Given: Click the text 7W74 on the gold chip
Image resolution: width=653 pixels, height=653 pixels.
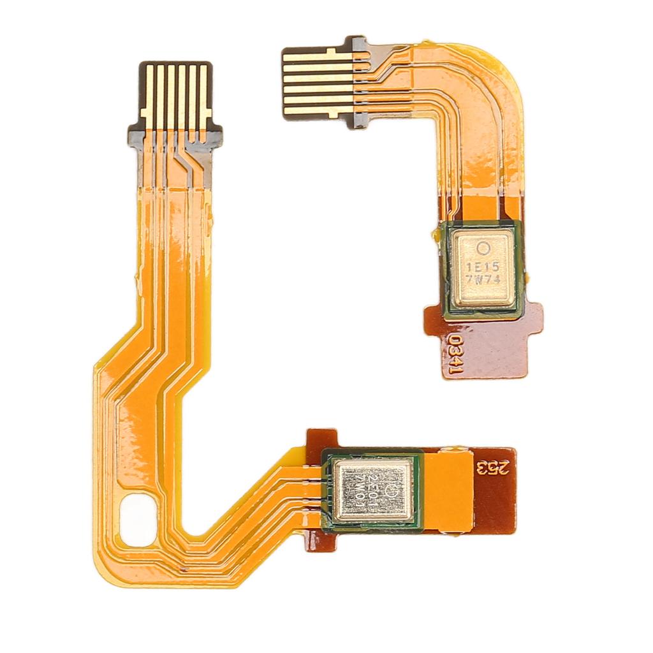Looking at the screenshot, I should pyautogui.click(x=482, y=279).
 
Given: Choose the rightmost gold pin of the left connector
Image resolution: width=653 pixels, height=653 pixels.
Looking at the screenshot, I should pyautogui.click(x=203, y=96).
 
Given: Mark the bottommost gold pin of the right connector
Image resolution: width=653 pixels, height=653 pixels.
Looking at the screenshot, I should pyautogui.click(x=318, y=110).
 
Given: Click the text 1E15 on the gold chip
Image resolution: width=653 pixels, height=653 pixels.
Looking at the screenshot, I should pyautogui.click(x=482, y=264).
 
